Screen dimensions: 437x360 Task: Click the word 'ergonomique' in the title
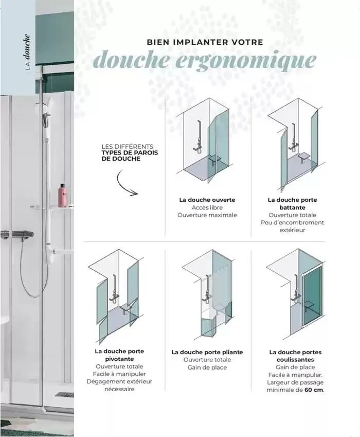click(248, 61)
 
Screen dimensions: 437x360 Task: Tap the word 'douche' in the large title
click(134, 60)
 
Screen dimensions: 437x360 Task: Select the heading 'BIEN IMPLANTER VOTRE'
click(205, 42)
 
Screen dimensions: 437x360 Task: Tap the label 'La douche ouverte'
click(207, 199)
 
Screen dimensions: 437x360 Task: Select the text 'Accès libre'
click(207, 207)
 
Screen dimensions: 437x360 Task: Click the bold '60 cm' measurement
click(314, 390)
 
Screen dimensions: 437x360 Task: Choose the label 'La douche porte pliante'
click(207, 352)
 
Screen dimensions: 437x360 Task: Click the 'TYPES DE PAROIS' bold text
click(130, 153)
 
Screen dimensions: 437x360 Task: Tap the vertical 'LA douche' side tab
click(27, 52)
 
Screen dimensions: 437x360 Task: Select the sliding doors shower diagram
click(295, 293)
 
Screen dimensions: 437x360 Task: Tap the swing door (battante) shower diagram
click(295, 144)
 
